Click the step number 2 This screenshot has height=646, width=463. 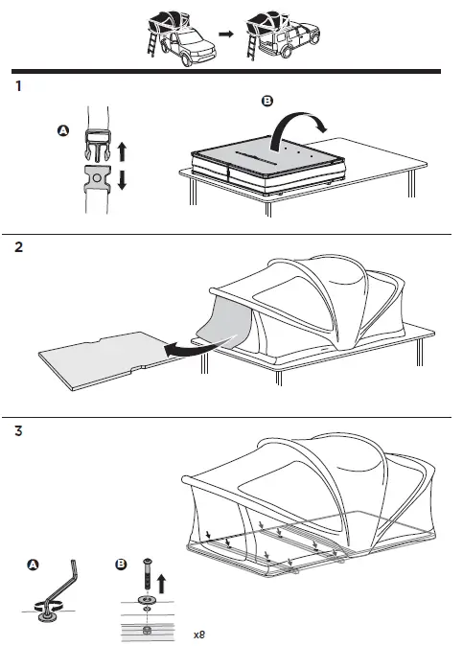(x=19, y=247)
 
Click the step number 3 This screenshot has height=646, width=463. (x=19, y=431)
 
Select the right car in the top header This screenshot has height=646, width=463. (x=275, y=35)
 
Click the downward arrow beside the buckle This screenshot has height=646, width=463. (x=122, y=181)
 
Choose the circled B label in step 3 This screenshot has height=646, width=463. (x=121, y=565)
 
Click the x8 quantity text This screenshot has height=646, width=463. (x=198, y=634)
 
